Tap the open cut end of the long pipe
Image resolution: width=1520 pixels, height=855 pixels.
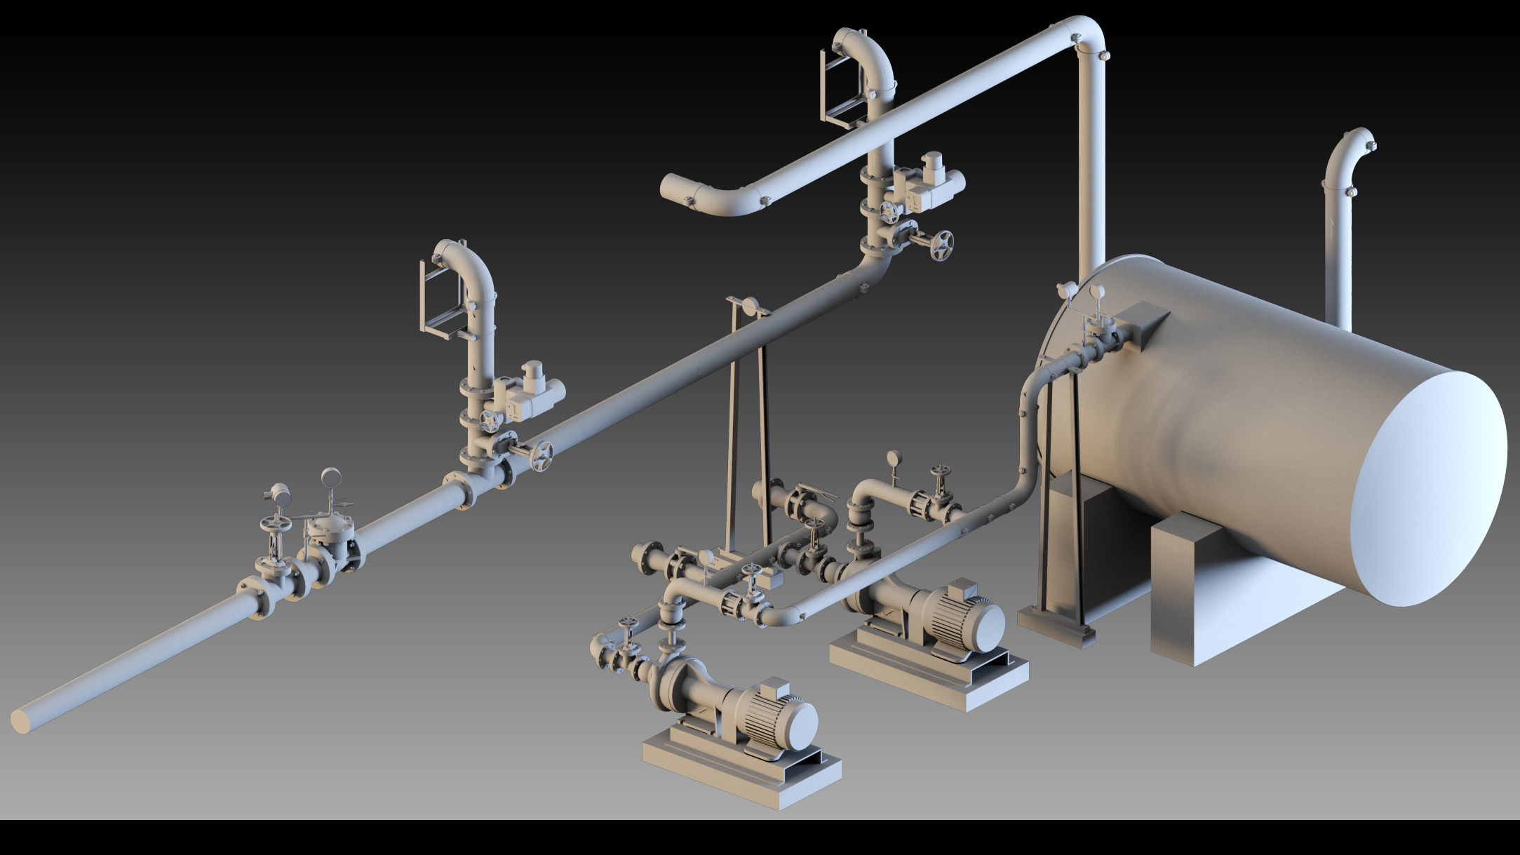22,721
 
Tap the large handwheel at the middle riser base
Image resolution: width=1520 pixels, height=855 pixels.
541,456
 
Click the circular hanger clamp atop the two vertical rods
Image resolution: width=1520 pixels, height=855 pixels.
748,307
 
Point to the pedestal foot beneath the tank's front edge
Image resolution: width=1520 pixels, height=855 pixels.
1056,626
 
